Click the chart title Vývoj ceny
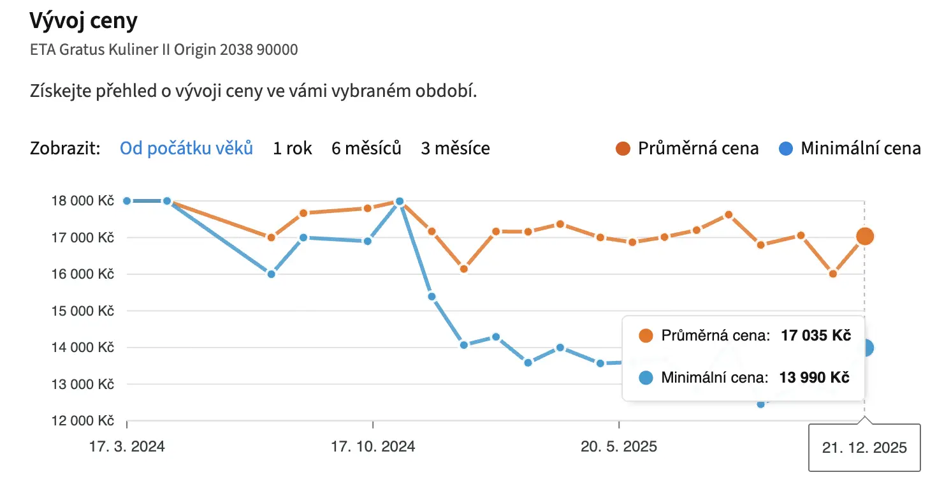point(83,21)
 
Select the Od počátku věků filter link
point(186,149)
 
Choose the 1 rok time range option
point(293,149)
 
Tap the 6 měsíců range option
point(367,149)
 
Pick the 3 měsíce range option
point(455,149)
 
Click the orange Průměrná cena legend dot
point(623,149)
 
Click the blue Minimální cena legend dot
point(786,149)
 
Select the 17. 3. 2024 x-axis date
point(127,446)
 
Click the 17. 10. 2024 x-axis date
point(373,446)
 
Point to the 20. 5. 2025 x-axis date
point(619,446)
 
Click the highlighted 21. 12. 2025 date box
point(864,448)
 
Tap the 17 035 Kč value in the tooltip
point(816,336)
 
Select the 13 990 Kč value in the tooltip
point(815,378)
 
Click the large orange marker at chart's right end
point(865,237)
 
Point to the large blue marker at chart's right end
point(866,348)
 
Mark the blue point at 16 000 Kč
point(271,274)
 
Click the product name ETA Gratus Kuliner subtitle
point(164,50)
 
